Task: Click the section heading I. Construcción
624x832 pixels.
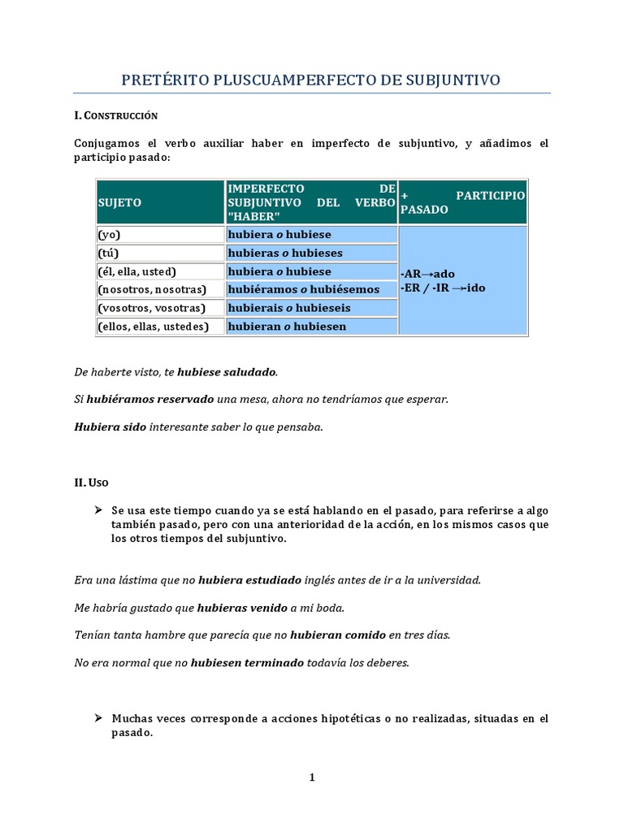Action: [x=115, y=115]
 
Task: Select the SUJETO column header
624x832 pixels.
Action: [x=119, y=202]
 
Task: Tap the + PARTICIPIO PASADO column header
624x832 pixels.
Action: [x=462, y=202]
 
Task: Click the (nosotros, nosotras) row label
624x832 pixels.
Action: [x=152, y=289]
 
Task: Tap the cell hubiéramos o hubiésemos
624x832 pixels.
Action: [x=303, y=289]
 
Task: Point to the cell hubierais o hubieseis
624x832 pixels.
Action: [x=290, y=308]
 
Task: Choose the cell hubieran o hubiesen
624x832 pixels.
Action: [x=287, y=327]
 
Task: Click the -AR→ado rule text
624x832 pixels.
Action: [x=428, y=275]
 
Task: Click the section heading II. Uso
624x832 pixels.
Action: [x=92, y=483]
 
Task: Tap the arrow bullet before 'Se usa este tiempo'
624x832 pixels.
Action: [x=98, y=510]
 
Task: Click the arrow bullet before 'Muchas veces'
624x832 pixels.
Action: [x=98, y=718]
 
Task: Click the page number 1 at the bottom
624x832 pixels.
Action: [x=311, y=778]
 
